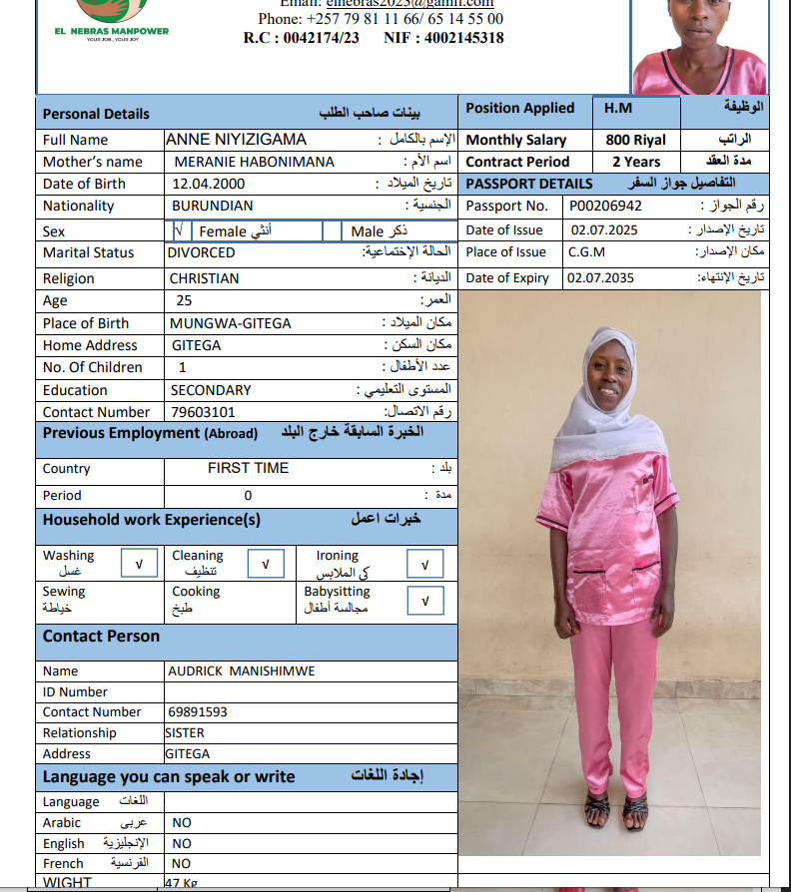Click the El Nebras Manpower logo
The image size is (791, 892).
(x=110, y=18)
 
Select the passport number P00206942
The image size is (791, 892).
(x=605, y=207)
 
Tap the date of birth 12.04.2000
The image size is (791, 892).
(x=209, y=184)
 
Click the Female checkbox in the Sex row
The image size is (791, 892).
(x=179, y=230)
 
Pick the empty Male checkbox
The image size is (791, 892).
(x=332, y=231)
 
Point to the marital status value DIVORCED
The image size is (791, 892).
(x=202, y=253)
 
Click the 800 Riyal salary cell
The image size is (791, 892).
(x=635, y=141)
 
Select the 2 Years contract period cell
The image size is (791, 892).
(x=635, y=162)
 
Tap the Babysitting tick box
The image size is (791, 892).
(x=425, y=601)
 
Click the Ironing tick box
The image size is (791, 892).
(x=425, y=565)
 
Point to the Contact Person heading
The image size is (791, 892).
(x=101, y=637)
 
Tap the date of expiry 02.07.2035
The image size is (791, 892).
(x=600, y=278)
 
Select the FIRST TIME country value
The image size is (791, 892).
(x=248, y=468)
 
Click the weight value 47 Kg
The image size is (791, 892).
(x=182, y=883)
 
